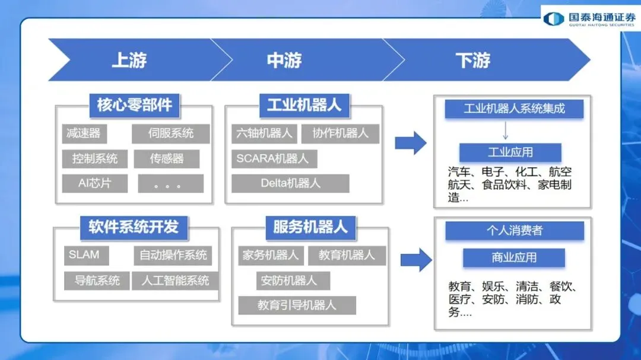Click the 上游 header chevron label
click(x=129, y=60)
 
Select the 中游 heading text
click(x=284, y=60)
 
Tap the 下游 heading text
click(x=473, y=60)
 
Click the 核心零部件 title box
click(x=135, y=105)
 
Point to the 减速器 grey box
click(x=83, y=133)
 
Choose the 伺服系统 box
click(x=171, y=133)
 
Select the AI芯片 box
click(x=95, y=183)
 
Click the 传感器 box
click(x=167, y=158)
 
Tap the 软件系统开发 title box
click(x=134, y=226)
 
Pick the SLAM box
click(x=84, y=255)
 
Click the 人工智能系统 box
click(x=175, y=281)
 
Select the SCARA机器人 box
click(x=273, y=158)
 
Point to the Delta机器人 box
click(x=290, y=183)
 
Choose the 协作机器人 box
click(x=340, y=133)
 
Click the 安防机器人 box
click(x=289, y=281)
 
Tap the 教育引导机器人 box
click(x=297, y=305)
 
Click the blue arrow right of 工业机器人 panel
click(x=411, y=143)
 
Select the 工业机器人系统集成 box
click(x=514, y=109)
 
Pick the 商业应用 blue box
click(x=514, y=257)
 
